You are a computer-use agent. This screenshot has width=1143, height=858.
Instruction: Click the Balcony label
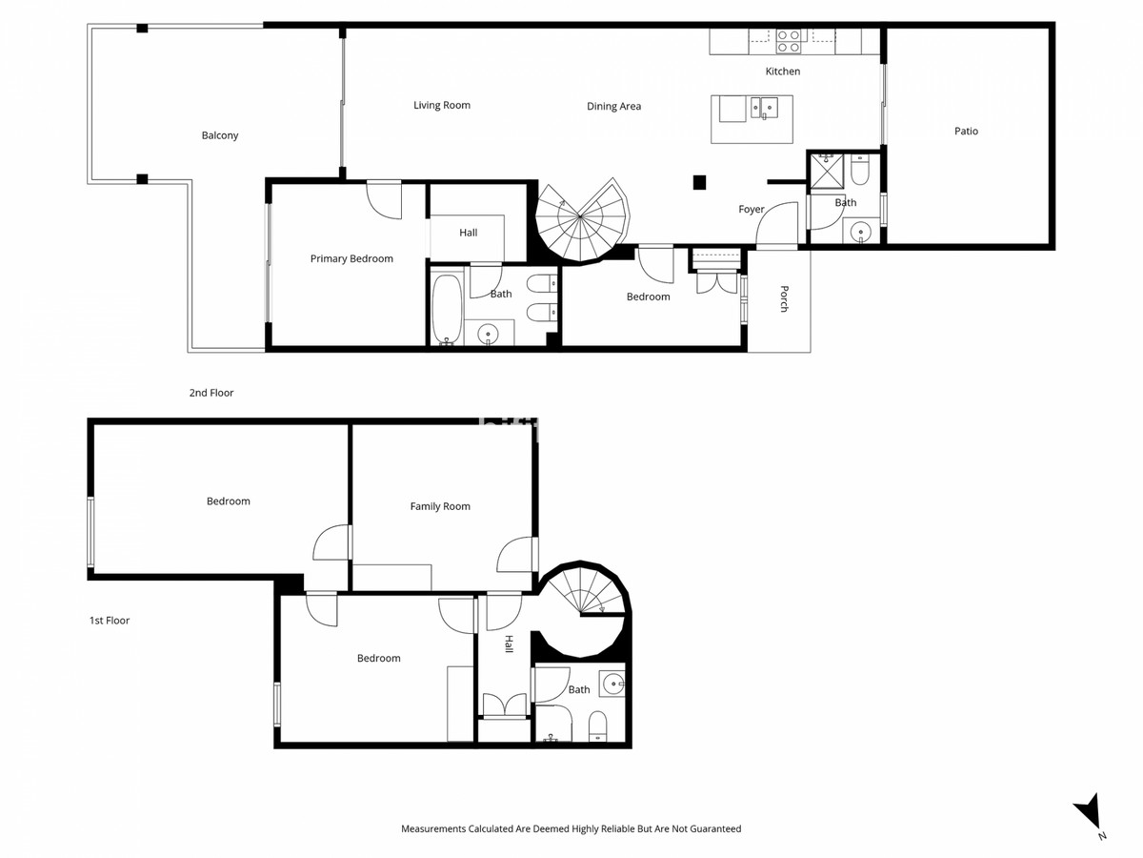point(220,135)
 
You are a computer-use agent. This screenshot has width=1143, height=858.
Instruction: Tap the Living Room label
point(441,105)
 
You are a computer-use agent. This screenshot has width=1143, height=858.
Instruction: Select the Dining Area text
point(613,107)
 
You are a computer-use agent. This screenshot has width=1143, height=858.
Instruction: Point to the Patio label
point(966,132)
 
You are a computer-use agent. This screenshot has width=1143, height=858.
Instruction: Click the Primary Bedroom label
point(351,258)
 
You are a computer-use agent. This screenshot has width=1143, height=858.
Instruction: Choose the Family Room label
point(440,506)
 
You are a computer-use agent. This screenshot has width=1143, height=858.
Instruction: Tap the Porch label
point(784,298)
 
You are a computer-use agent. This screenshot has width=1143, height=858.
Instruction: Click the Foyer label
point(752,209)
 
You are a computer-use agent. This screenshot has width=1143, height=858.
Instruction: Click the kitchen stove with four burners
point(788,41)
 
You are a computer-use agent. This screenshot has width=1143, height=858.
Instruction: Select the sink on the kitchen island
point(764,107)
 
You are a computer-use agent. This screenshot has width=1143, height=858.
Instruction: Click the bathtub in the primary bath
point(447,308)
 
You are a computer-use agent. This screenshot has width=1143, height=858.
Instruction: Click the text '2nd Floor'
point(211,393)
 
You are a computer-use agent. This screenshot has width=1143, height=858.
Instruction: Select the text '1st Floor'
point(110,621)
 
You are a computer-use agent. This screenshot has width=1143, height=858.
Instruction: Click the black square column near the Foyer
point(699,181)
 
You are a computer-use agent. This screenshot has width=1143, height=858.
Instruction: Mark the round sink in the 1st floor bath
point(615,682)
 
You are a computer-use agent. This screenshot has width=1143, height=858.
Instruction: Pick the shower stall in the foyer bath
point(826,172)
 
